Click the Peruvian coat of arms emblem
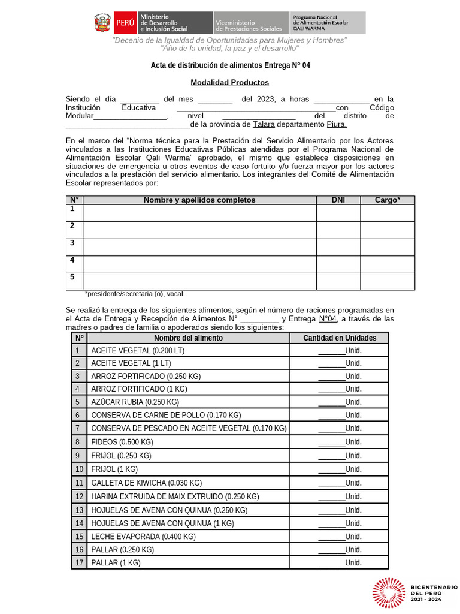[x=102, y=23]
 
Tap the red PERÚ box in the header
[x=125, y=23]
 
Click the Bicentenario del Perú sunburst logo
[x=390, y=593]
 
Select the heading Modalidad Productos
[x=229, y=83]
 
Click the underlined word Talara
[x=264, y=124]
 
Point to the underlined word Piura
[x=336, y=124]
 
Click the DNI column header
[x=338, y=200]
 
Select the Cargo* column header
[x=388, y=200]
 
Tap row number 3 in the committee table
[x=72, y=243]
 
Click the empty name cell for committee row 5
[x=199, y=281]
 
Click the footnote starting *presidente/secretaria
[x=135, y=294]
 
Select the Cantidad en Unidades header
[x=339, y=338]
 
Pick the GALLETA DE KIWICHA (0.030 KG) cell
[x=146, y=483]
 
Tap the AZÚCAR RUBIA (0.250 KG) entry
[x=135, y=402]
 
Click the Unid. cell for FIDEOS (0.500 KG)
[x=339, y=442]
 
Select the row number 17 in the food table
[x=78, y=563]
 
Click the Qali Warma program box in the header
[x=328, y=23]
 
